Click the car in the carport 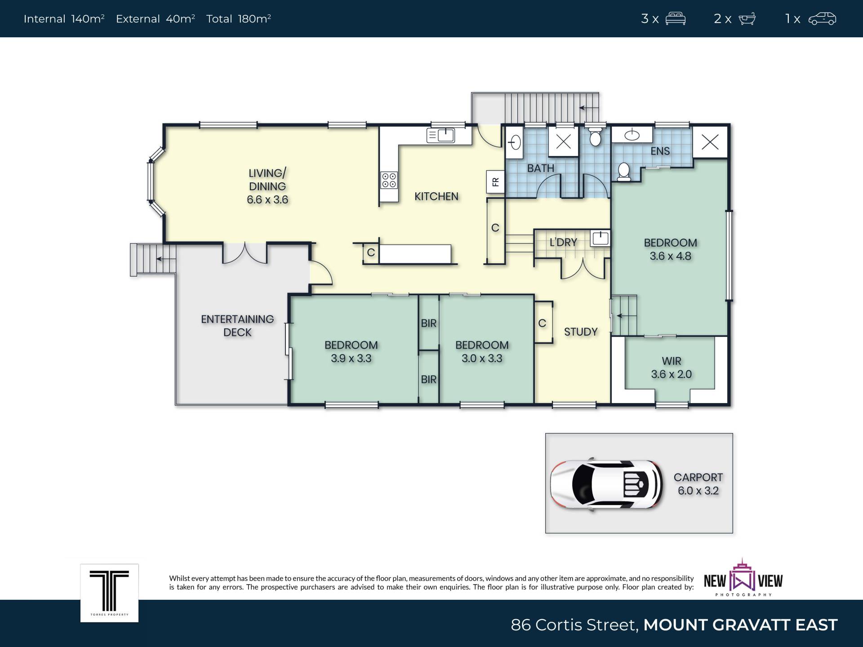[x=606, y=484]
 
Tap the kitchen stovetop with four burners [x=389, y=180]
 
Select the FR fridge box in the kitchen [x=495, y=182]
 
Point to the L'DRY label [x=563, y=243]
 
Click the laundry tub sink [x=600, y=238]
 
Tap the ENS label [x=660, y=151]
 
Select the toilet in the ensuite [x=624, y=172]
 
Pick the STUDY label [x=581, y=332]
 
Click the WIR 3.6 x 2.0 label [x=671, y=368]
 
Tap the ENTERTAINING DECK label [x=237, y=326]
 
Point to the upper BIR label [x=428, y=323]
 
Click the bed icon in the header [x=675, y=19]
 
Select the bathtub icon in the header [x=747, y=19]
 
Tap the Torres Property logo [x=109, y=593]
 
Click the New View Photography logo [x=743, y=578]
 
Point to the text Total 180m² [x=238, y=18]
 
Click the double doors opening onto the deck [x=245, y=253]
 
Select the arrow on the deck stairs [x=166, y=259]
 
